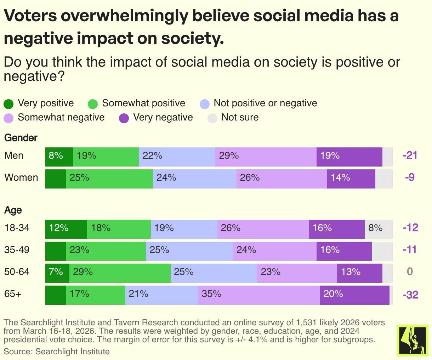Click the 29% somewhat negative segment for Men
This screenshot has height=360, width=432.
pos(266,157)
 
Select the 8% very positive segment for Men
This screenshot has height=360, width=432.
pos(59,157)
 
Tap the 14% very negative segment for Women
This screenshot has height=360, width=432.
pos(351,179)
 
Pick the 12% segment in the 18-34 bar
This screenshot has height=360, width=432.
pos(66,229)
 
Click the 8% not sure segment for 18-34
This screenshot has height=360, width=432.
pos(379,229)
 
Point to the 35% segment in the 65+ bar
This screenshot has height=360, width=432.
pos(259,295)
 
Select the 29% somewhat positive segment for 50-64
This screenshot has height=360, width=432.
pos(120,273)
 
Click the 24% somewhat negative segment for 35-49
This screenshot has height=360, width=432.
pos(274,251)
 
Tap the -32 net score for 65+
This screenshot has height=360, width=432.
pos(410,295)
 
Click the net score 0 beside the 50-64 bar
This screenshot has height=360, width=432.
pos(410,272)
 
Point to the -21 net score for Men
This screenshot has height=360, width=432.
pos(410,155)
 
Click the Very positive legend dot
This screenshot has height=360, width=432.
pos(8,104)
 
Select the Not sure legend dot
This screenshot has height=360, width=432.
pos(212,118)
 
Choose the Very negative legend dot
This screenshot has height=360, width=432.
pos(124,118)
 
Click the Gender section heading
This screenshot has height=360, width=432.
pos(21,138)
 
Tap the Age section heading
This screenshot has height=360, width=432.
pos(13,210)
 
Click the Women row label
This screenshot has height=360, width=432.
pos(21,178)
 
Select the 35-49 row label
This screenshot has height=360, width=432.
pos(17,250)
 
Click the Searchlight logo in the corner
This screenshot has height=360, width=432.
pos(412,341)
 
